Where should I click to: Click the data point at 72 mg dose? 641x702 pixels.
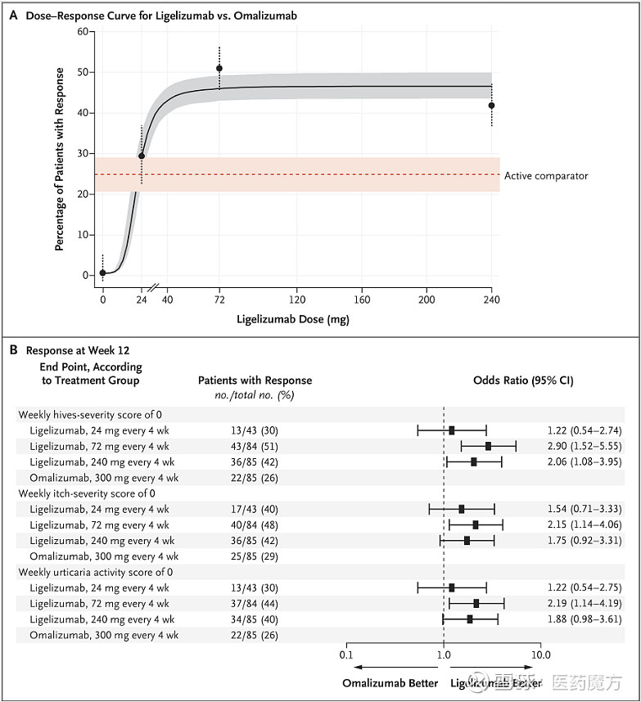pos(219,69)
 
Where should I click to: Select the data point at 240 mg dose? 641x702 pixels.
pos(491,106)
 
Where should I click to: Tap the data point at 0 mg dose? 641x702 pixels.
pos(102,272)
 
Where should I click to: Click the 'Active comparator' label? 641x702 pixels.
pos(545,176)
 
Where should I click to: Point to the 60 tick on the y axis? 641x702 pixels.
pos(82,31)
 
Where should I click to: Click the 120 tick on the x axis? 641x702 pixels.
pos(296,301)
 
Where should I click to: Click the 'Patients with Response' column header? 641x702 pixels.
pos(255,380)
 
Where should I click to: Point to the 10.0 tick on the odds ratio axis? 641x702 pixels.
pos(540,655)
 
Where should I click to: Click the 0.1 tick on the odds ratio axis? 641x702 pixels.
pos(346,655)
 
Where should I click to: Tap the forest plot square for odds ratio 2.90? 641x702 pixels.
pos(489,446)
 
